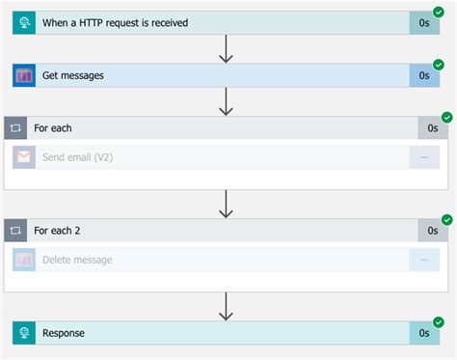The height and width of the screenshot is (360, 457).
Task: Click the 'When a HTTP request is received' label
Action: (115, 22)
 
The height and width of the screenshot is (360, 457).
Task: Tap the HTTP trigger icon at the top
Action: (24, 22)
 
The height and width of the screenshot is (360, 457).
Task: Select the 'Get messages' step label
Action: (73, 75)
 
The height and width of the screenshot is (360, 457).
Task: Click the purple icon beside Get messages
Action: (24, 75)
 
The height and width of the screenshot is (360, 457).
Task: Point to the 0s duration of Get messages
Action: (424, 75)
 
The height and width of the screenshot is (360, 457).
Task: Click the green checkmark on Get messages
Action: (439, 65)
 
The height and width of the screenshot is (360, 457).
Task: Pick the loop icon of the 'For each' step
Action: (16, 128)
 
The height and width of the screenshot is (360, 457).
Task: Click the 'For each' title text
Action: (53, 128)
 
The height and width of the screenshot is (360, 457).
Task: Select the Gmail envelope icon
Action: (24, 156)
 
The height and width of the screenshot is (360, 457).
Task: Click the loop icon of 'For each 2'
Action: (16, 231)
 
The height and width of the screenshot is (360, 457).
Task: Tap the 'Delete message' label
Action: (77, 259)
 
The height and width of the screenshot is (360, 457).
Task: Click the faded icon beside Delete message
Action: (24, 259)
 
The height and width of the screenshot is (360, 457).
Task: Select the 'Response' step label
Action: (64, 333)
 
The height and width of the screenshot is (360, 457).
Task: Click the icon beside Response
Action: (24, 333)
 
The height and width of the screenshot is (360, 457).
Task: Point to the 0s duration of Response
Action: (424, 333)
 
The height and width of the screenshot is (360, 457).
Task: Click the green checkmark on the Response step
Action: (439, 322)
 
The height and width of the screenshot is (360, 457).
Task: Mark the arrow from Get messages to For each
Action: (227, 101)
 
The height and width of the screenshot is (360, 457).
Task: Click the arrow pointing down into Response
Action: (227, 307)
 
